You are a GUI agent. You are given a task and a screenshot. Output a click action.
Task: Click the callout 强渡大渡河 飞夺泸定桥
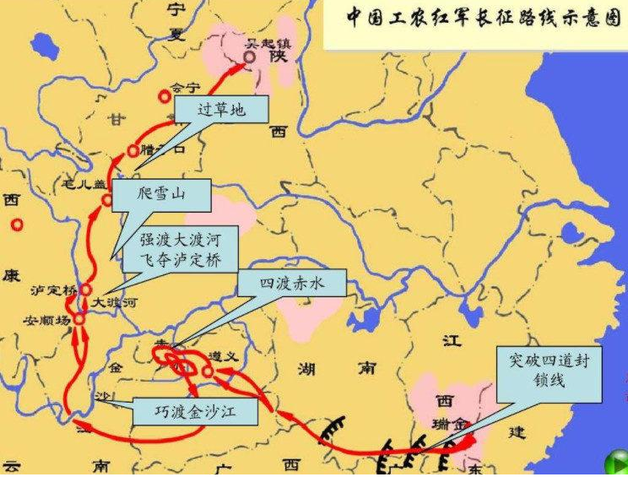click(x=180, y=248)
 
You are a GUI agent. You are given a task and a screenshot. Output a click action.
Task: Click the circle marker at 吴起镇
click(x=249, y=57)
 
